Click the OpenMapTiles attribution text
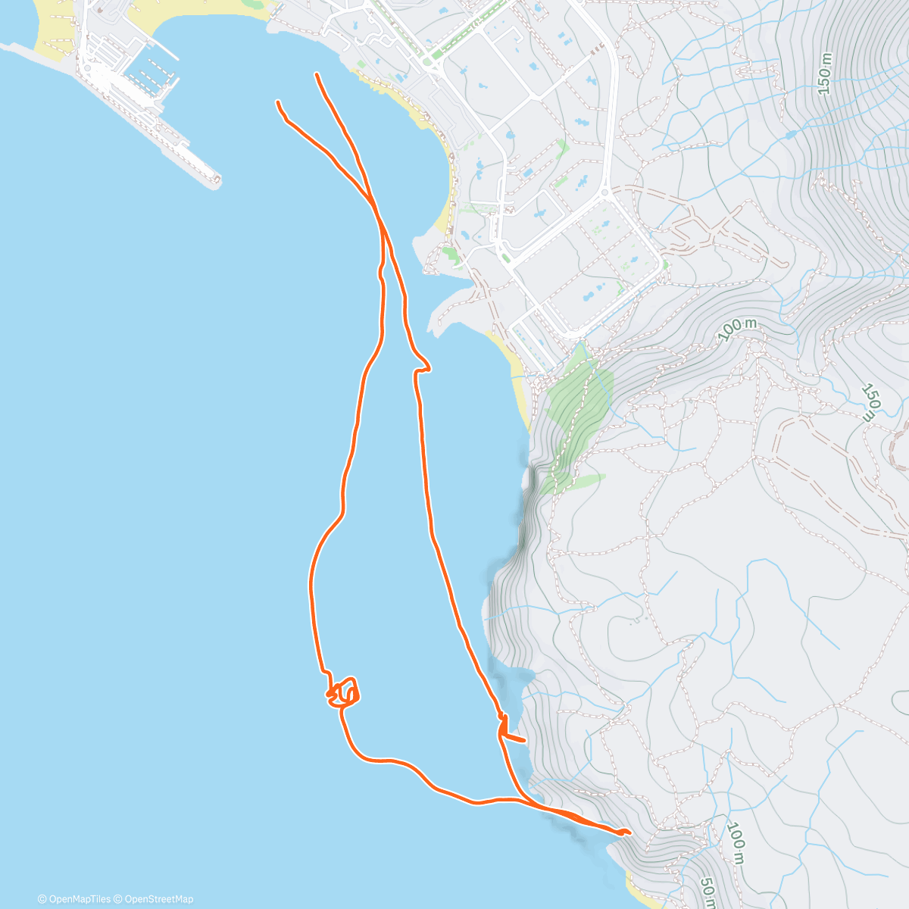click(73, 899)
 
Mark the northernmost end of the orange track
click(316, 74)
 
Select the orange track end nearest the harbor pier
click(279, 102)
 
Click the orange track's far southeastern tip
click(627, 832)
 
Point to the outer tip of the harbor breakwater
click(217, 180)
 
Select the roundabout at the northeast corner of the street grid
click(604, 194)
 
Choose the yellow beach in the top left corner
click(53, 38)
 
